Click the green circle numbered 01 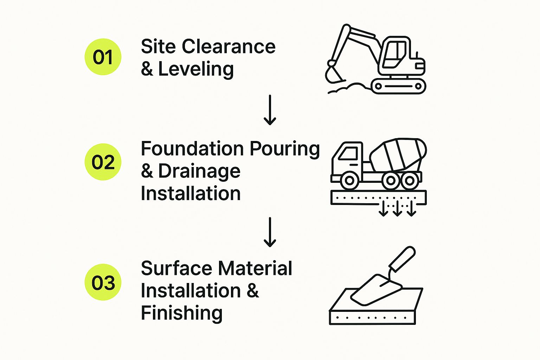click(x=103, y=57)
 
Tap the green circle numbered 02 click(x=103, y=162)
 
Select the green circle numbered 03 click(x=103, y=282)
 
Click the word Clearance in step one click(x=229, y=47)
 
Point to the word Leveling click(x=196, y=69)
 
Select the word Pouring click(x=285, y=149)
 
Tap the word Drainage click(x=199, y=172)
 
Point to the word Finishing click(x=181, y=313)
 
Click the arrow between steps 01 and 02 click(x=270, y=110)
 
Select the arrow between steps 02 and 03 click(x=270, y=232)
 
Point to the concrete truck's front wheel click(x=349, y=180)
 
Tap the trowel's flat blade click(x=374, y=290)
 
